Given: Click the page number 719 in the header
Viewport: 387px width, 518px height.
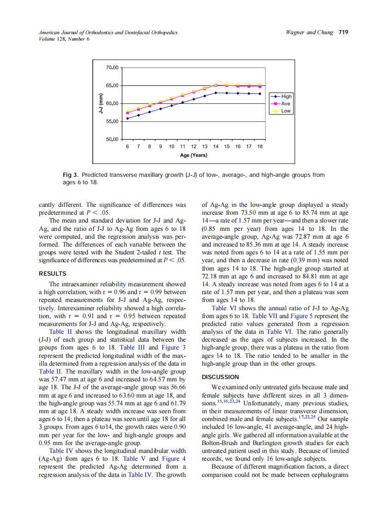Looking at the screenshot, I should [x=343, y=32].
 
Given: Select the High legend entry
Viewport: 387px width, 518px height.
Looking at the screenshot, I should [x=286, y=96].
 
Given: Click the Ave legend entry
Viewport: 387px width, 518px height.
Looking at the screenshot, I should [x=286, y=104].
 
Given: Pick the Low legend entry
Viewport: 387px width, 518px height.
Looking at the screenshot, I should [x=286, y=111].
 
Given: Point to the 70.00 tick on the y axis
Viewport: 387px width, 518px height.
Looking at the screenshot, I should [x=112, y=68].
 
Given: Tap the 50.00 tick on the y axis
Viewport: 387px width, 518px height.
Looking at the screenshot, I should [x=112, y=139].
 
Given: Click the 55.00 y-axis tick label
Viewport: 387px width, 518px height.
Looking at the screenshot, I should [x=112, y=121].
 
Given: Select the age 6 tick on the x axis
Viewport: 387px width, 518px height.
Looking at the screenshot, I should [x=127, y=146].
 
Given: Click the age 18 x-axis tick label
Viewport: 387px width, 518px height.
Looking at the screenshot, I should [x=260, y=146].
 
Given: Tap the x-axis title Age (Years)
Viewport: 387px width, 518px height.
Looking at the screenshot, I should [x=193, y=155].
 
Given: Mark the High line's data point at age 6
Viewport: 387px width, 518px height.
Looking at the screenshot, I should [x=127, y=118].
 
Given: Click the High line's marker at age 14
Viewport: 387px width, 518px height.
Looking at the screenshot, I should [x=216, y=93].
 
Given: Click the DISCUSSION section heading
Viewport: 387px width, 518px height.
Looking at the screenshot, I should [x=221, y=377].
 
